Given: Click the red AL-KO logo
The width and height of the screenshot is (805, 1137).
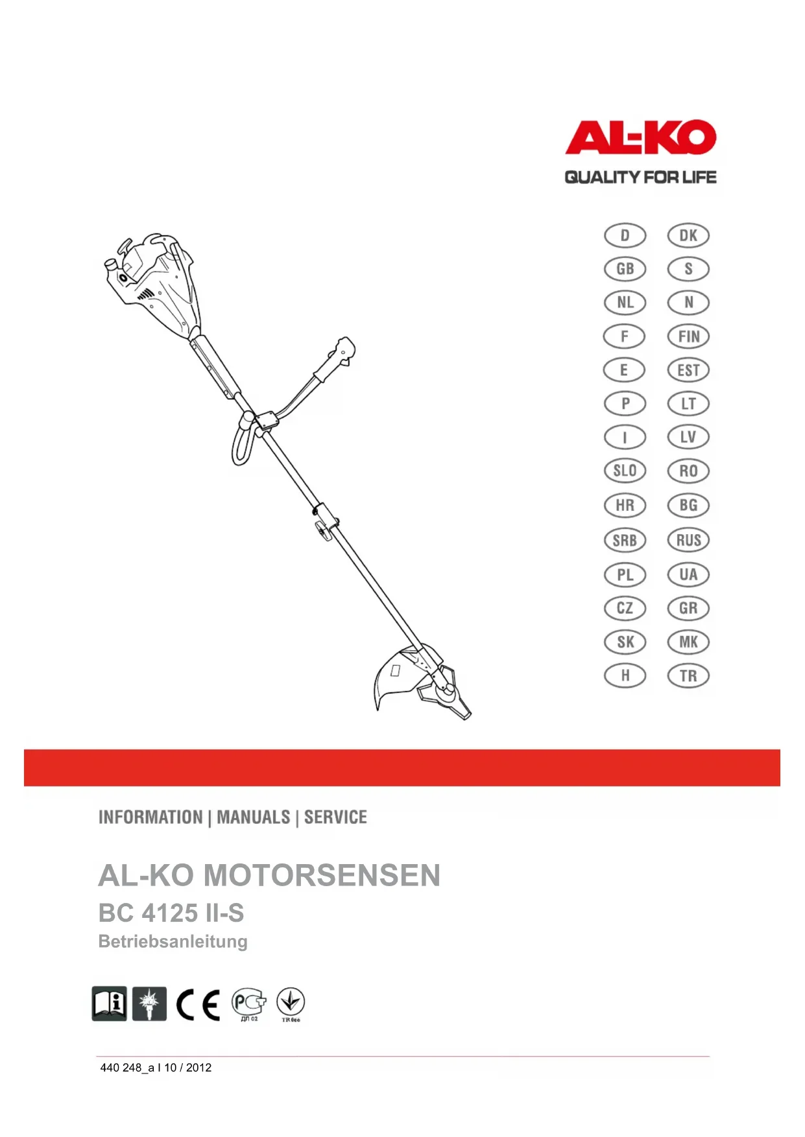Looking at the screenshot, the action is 640,137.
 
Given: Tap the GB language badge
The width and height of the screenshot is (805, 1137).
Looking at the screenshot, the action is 625,269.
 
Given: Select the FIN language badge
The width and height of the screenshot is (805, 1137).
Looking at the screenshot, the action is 688,336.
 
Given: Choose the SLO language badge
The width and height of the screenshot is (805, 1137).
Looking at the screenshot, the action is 625,471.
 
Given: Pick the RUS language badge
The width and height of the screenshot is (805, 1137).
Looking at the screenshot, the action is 688,540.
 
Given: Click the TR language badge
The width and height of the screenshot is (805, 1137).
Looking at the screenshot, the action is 688,676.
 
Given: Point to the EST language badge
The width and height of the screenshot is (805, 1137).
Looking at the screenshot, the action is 688,370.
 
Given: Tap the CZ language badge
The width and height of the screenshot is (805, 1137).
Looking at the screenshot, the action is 625,608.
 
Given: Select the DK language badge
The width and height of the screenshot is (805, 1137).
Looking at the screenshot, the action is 688,235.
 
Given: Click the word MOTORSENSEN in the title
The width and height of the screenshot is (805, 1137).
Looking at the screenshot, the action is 322,876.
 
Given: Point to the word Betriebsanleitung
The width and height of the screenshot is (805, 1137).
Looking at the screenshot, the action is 173,941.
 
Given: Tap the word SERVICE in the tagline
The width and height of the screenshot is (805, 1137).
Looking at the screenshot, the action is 335,817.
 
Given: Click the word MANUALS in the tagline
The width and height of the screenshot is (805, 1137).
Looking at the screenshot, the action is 254,817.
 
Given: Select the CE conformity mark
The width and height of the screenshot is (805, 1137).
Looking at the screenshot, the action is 198,1005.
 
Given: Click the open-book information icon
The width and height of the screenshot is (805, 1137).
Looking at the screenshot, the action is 109,1004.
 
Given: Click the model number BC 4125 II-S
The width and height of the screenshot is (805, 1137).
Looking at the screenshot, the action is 171,913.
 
